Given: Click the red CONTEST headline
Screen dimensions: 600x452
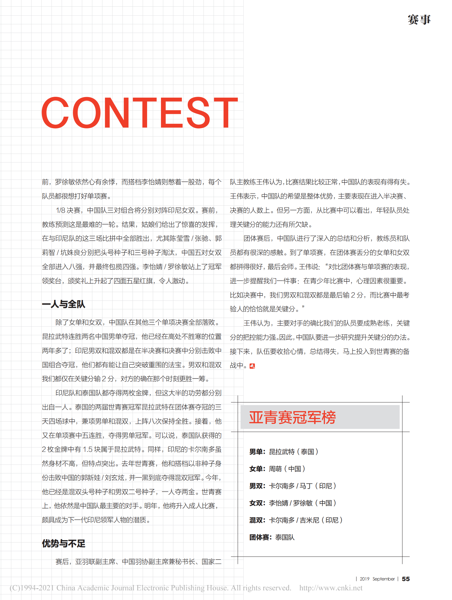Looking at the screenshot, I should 139,113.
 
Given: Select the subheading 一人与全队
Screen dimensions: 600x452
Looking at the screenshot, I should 64,304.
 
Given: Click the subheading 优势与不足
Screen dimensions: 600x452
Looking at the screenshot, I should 64,543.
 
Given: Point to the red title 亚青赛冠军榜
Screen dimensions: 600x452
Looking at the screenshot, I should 292,417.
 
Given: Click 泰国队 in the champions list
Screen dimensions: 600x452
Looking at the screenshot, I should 285,537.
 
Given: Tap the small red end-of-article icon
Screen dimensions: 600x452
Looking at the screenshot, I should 252,366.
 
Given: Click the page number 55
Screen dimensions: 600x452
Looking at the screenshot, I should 406,579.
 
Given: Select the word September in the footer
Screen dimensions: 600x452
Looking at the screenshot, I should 383,579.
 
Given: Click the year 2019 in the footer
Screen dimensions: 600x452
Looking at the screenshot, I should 364,579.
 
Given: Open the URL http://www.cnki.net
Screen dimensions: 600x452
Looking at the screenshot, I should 331,588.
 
